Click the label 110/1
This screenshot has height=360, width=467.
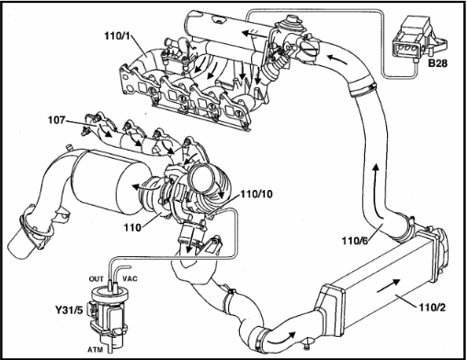pyautogui.click(x=118, y=36)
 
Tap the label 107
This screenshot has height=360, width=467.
pyautogui.click(x=56, y=120)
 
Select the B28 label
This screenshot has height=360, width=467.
pyautogui.click(x=438, y=63)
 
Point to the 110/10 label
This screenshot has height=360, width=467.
pyautogui.click(x=256, y=194)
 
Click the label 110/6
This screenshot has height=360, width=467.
pyautogui.click(x=355, y=241)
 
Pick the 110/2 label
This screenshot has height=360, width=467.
pyautogui.click(x=432, y=308)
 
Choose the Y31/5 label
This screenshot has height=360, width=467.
pyautogui.click(x=69, y=310)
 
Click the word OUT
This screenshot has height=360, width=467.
pyautogui.click(x=97, y=279)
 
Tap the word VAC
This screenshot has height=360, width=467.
pyautogui.click(x=130, y=278)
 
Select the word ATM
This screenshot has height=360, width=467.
pyautogui.click(x=96, y=349)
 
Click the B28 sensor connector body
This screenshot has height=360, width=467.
pyautogui.click(x=410, y=39)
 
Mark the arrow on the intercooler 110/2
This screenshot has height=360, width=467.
pyautogui.click(x=388, y=286)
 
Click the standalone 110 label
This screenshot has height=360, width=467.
pyautogui.click(x=132, y=228)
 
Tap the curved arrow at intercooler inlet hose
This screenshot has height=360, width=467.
pyautogui.click(x=281, y=337)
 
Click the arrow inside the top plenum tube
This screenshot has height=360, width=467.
pyautogui.click(x=254, y=33)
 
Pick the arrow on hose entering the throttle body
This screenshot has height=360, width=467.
pyautogui.click(x=337, y=60)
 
